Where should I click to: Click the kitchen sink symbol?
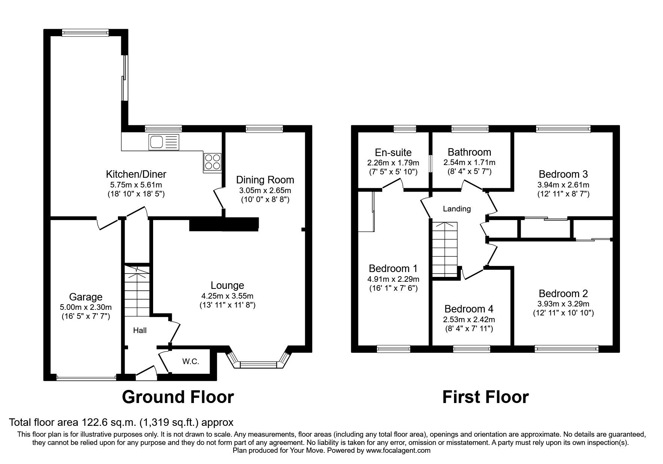point(164,142)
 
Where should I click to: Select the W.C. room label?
point(191,361)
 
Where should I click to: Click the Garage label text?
point(86,297)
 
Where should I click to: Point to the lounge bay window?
point(258,364)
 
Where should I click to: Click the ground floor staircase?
point(137,292)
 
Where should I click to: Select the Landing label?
point(457,209)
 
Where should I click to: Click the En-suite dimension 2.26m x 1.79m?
point(393,163)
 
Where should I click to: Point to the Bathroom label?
point(469,152)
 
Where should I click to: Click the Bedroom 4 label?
point(469,309)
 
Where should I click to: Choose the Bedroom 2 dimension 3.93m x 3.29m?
point(563,303)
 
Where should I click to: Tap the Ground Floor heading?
point(178,397)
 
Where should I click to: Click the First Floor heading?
point(485,397)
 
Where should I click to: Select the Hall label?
point(140,330)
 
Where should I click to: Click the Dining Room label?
point(265,180)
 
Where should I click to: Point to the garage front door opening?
point(86,378)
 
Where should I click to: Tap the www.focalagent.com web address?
point(398,451)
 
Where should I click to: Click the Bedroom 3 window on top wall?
point(563,129)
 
